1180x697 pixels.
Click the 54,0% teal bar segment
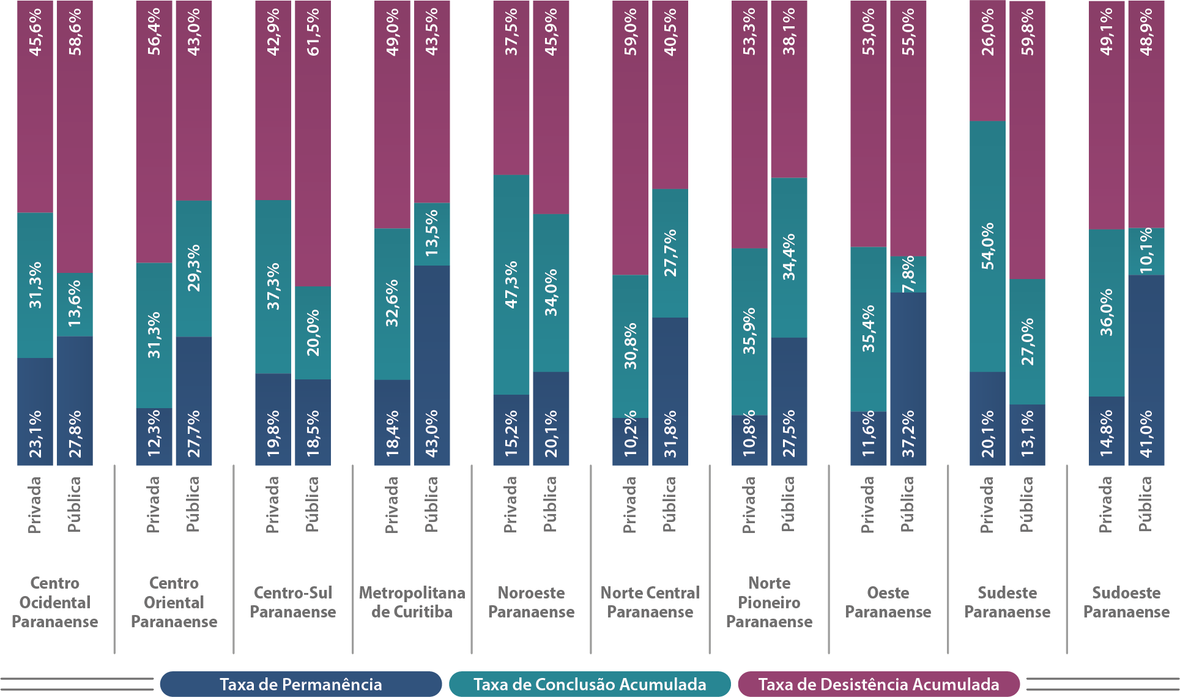click(987, 246)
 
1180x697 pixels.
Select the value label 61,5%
click(313, 32)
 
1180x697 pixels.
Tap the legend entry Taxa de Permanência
click(300, 684)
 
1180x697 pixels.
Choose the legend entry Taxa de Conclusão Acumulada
click(590, 684)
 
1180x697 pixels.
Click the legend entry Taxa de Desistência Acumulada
click(878, 684)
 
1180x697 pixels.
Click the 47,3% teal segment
click(511, 285)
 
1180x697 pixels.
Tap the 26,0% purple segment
click(987, 61)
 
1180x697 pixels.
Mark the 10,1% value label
click(1146, 251)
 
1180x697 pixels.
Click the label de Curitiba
click(412, 612)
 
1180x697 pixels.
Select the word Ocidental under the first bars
click(55, 603)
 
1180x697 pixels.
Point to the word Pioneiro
click(769, 603)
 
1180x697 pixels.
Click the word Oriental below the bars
click(174, 603)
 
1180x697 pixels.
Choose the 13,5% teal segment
click(432, 233)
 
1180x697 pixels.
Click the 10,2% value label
click(631, 434)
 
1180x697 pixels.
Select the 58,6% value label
click(75, 32)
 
